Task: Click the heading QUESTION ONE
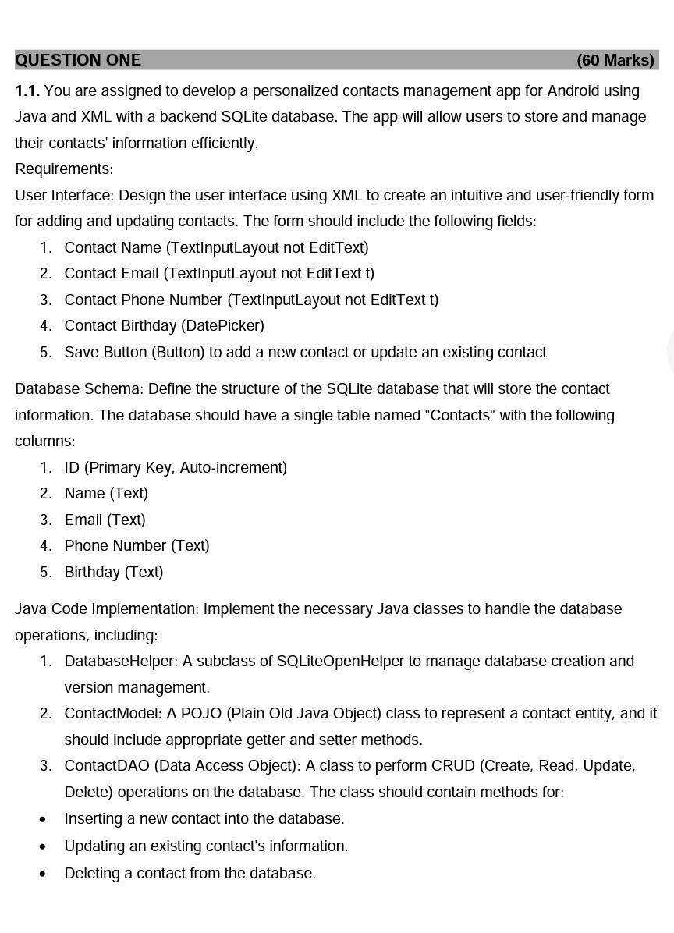coord(78,60)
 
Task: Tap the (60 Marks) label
coord(615,60)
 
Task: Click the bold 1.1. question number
coord(27,91)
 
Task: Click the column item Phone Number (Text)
coord(137,545)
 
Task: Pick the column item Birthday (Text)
coord(114,572)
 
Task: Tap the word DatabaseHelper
coord(120,661)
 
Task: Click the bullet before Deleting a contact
coord(42,874)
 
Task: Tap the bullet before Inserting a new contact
coord(42,819)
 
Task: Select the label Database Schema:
coord(79,388)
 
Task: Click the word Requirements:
coord(64,169)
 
